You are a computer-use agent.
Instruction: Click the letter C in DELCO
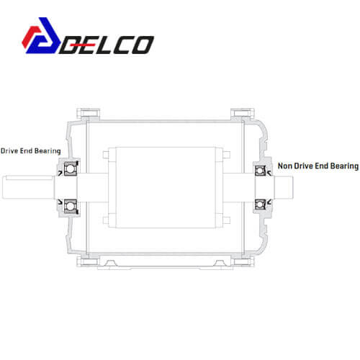point(122,45)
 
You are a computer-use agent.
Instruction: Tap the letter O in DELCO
point(142,45)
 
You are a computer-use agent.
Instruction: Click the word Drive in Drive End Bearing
point(9,151)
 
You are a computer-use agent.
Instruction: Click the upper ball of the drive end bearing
point(70,168)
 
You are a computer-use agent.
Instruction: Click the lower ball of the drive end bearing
point(70,206)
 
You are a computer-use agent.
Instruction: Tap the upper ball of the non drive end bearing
point(259,171)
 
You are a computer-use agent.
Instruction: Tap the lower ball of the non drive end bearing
point(259,204)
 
